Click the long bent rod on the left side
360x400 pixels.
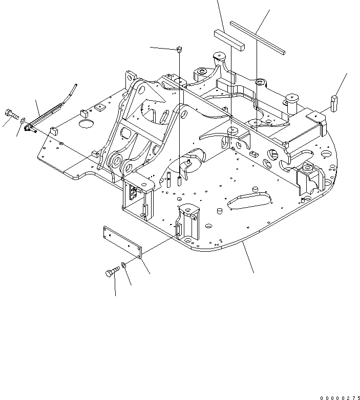(47, 117)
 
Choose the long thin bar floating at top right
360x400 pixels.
(258, 37)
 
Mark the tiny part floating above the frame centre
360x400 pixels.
(179, 49)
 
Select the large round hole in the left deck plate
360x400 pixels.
(86, 124)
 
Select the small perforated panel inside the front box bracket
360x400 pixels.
(135, 193)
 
